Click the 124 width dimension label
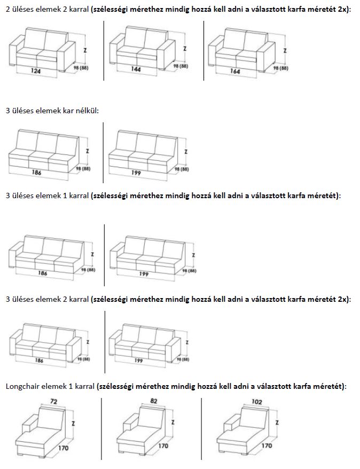click(36, 70)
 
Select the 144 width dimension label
click(136, 69)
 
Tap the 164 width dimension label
click(236, 71)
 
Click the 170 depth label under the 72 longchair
click(63, 448)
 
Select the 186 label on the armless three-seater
click(36, 173)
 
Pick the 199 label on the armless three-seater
click(137, 173)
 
